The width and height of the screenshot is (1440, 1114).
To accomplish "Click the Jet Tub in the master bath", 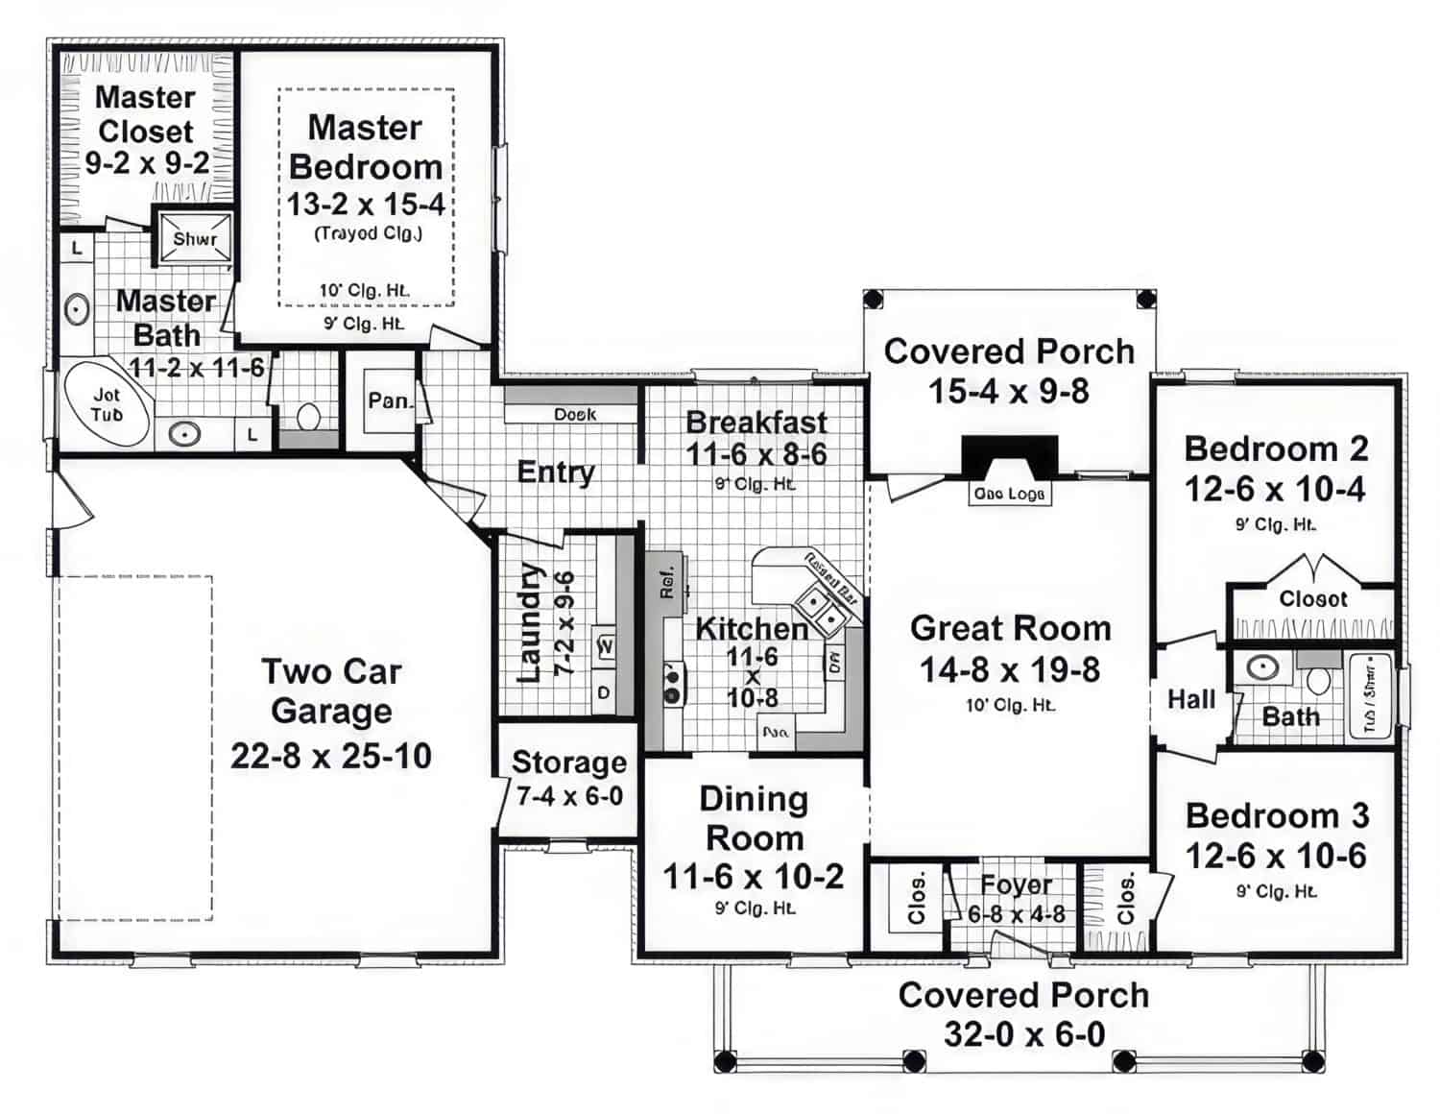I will click(x=107, y=405).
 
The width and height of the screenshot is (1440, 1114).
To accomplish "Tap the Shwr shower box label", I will click(x=195, y=239).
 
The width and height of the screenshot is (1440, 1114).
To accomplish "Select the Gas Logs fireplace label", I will click(x=1009, y=494).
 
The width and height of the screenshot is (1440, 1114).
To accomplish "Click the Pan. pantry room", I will click(x=389, y=400).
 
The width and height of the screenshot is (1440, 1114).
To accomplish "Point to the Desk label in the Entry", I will click(x=574, y=414).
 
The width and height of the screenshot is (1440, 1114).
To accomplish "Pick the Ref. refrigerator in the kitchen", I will click(x=667, y=581).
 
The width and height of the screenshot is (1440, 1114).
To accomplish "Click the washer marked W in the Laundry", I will click(x=606, y=646).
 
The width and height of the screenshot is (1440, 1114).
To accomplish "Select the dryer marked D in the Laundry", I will click(x=604, y=692).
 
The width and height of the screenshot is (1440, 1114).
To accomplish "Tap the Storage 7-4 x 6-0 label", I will click(x=569, y=779).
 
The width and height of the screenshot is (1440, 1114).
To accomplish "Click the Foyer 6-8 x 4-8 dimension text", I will click(x=1016, y=914).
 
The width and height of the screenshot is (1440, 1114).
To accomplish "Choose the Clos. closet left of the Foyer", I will click(x=916, y=898).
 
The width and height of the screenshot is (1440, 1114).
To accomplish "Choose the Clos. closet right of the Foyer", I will click(x=1125, y=898).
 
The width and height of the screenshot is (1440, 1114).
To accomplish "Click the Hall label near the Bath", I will click(x=1190, y=699).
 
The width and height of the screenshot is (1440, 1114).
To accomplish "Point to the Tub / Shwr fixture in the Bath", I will click(x=1370, y=694).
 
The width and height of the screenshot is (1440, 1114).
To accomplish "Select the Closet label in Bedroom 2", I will click(x=1312, y=598).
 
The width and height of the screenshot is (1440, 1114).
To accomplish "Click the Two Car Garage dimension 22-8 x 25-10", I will click(x=330, y=756).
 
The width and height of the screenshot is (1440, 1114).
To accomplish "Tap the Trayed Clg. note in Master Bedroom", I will click(x=368, y=233).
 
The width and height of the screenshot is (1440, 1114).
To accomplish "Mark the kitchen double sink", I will click(x=817, y=607).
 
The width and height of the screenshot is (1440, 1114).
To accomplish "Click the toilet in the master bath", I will click(x=308, y=416).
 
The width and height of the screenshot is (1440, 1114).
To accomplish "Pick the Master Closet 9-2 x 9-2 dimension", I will click(x=147, y=163).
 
